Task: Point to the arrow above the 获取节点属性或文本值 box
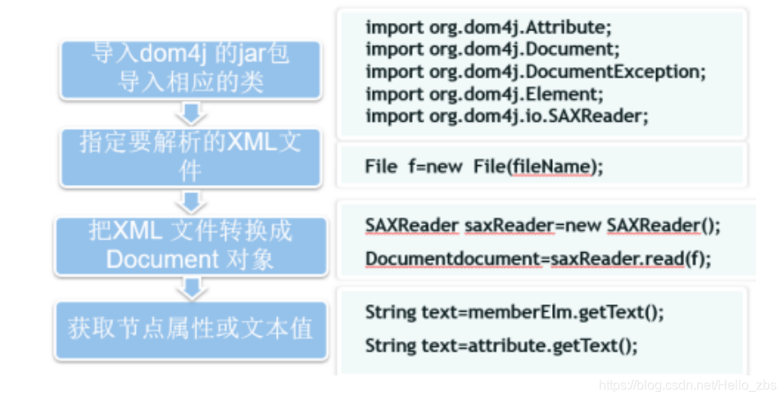pos(192,289)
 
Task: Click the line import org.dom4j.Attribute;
pos(488,27)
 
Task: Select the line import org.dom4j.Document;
pos(492,49)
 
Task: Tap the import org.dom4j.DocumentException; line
pos(535,71)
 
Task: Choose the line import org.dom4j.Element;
pos(484,93)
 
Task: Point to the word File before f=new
pos(381,167)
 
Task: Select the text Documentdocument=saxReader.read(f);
pos(538,259)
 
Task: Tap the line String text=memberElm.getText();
pos(514,312)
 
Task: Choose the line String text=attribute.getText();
pos(501,345)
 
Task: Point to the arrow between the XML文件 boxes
pos(192,200)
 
